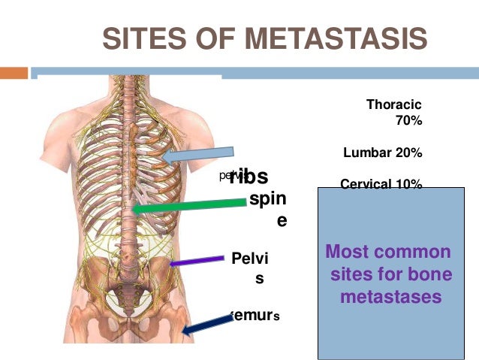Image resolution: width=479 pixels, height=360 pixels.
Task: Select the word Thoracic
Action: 393,104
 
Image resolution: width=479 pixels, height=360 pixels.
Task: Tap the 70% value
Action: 408,119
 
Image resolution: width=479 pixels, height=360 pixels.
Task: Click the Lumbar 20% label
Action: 382,153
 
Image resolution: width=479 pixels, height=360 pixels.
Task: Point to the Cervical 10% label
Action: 381,183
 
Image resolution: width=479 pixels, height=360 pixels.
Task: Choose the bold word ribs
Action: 250,175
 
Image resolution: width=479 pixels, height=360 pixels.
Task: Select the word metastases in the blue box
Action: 390,297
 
